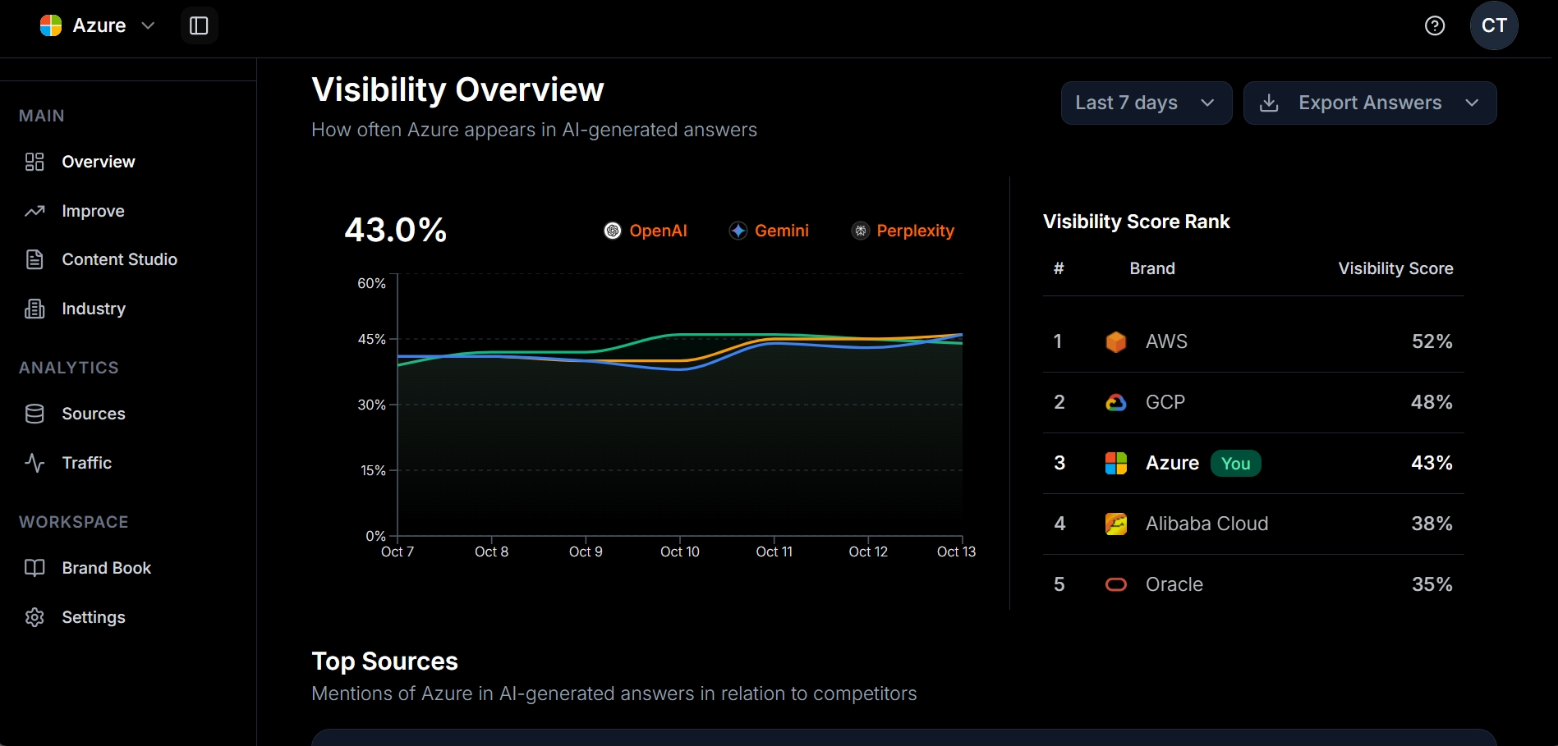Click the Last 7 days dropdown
pos(1146,103)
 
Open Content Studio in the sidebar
pos(119,259)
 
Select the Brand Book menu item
pos(106,568)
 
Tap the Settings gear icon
pos(34,617)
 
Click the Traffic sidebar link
pos(86,463)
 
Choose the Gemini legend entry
pos(769,231)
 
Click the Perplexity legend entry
pos(903,231)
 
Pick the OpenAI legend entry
pos(646,231)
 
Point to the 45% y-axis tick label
pos(371,339)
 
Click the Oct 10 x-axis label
pos(679,551)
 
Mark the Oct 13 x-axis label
pos(956,551)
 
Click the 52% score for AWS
pos(1432,341)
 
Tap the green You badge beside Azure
pos(1235,464)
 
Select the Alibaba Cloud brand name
pos(1206,524)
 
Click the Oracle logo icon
pos(1115,584)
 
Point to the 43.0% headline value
pos(395,230)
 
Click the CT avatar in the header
pos(1493,25)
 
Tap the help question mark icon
pos(1434,25)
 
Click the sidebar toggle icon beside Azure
pos(199,25)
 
